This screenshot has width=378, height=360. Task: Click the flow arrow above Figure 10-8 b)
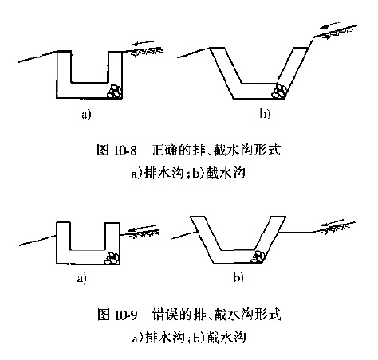[x=330, y=25]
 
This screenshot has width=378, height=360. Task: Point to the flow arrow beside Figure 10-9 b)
[x=332, y=222]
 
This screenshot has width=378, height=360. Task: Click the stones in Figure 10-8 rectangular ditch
[x=115, y=92]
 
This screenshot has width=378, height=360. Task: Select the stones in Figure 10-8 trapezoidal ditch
[x=279, y=91]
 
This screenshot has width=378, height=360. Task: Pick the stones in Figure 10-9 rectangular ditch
[x=112, y=258]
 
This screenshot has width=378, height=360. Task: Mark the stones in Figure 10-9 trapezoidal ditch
[x=258, y=256]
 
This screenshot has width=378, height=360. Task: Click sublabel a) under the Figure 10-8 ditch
[x=86, y=115]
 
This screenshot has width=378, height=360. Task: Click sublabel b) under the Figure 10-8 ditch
[x=265, y=114]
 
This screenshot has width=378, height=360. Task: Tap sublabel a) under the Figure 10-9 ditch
[x=82, y=279]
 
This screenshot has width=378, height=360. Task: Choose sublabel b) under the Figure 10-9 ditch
[x=238, y=278]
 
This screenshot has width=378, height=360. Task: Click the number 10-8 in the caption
[x=125, y=151]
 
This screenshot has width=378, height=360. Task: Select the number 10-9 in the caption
[x=126, y=315]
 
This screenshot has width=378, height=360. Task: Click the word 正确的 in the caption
[x=171, y=150]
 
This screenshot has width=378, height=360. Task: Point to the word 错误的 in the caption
[x=171, y=315]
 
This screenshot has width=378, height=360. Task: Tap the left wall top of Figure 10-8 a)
[x=64, y=51]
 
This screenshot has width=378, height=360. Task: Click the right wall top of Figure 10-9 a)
[x=112, y=223]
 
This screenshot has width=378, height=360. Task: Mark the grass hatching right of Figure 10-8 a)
[x=147, y=51]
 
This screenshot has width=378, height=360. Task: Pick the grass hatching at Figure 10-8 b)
[x=339, y=31]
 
